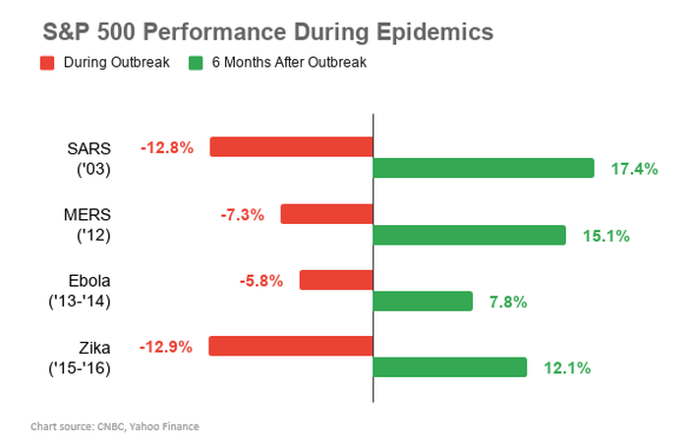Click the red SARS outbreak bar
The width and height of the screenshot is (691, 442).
tap(292, 147)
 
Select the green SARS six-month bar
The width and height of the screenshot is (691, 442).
tap(484, 168)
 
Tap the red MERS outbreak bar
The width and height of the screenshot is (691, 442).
tap(327, 213)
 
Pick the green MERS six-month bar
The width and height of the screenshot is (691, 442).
tap(470, 235)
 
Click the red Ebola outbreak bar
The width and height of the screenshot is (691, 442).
tap(336, 280)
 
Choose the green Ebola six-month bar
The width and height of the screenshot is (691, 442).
tap(423, 301)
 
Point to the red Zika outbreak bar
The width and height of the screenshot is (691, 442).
tap(291, 346)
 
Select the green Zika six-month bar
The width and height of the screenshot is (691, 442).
tap(450, 367)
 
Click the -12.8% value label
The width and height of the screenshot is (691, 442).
tap(167, 147)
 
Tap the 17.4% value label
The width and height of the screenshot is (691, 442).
tap(634, 169)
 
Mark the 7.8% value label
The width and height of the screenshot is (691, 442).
tap(507, 302)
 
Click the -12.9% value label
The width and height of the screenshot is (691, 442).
tap(167, 346)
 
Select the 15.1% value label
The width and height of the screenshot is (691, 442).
tap(605, 236)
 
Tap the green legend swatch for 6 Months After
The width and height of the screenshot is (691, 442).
tap(197, 64)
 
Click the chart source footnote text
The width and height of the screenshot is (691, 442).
tap(114, 426)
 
